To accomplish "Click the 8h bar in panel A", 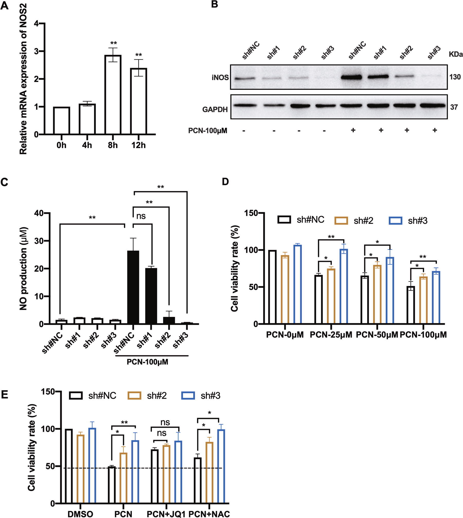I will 113,95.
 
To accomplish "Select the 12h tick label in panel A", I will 138,145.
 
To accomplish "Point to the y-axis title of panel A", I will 23,78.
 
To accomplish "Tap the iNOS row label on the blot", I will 220,77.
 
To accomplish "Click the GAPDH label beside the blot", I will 215,109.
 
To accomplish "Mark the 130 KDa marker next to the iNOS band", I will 455,77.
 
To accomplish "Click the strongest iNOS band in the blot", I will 351,77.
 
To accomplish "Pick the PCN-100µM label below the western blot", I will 208,131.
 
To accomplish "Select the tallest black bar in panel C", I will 133,287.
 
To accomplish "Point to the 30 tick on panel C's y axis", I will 39,241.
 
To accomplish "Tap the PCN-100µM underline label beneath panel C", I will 147,362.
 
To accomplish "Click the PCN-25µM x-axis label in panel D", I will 331,335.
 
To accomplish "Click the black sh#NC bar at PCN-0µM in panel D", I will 272,286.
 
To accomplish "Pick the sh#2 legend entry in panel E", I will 147,396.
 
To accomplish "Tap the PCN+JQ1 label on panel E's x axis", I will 166,514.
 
